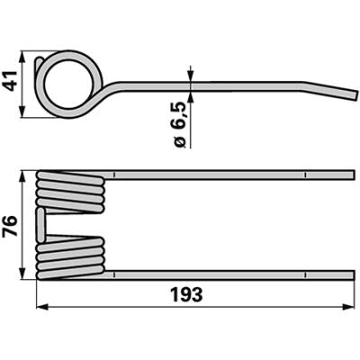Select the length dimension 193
pos(186,294)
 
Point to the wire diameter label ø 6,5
pos(180,124)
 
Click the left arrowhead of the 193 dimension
pos(42,307)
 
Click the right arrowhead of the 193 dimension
pos(348,307)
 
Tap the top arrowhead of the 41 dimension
pos(22,57)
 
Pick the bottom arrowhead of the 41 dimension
pos(22,112)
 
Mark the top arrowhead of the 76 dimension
pos(22,176)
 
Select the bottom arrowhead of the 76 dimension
pos(22,274)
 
